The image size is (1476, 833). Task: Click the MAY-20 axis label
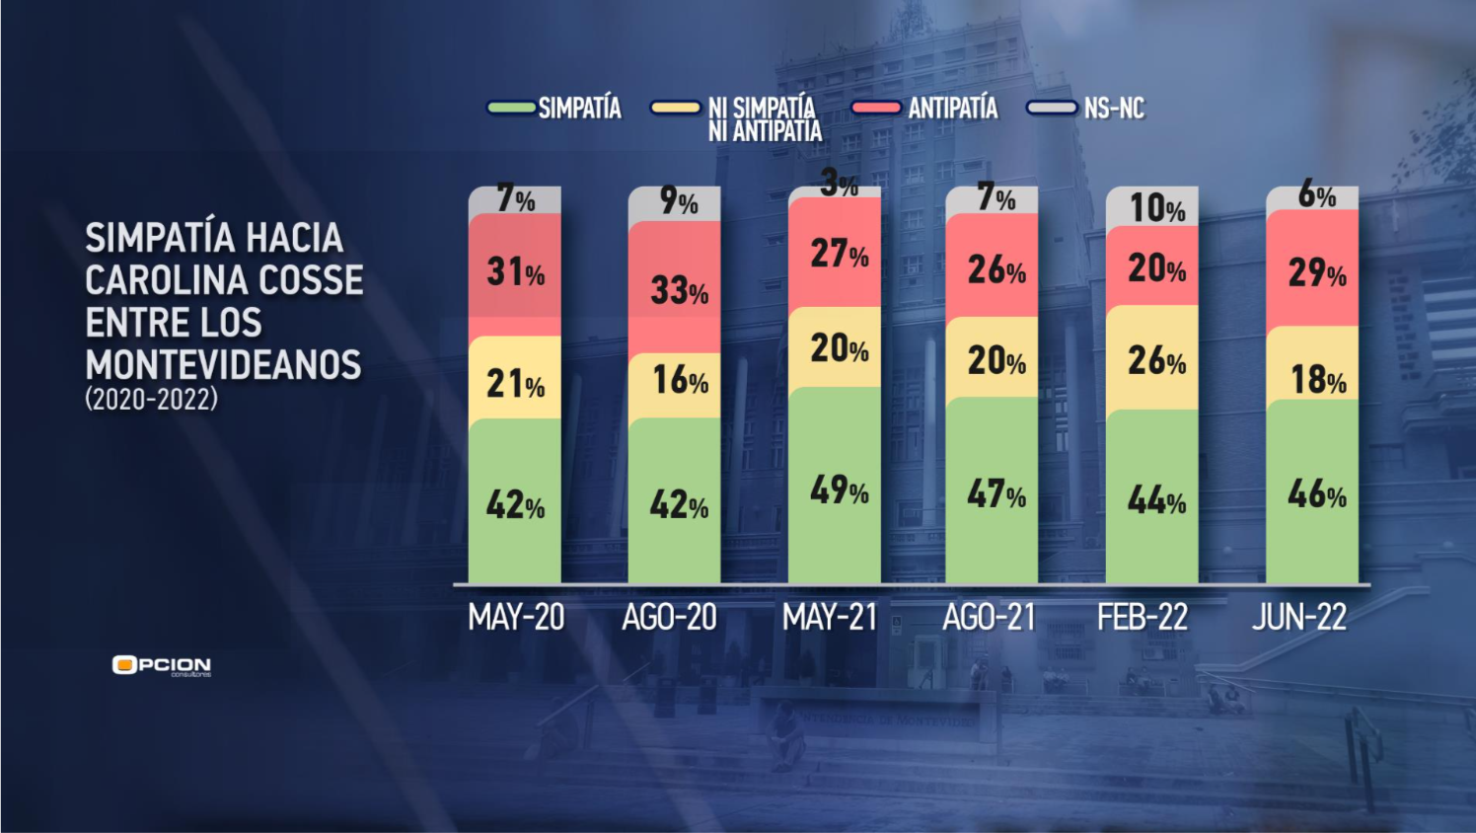click(516, 618)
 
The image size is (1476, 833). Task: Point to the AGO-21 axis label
click(989, 618)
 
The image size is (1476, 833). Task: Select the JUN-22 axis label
click(1299, 618)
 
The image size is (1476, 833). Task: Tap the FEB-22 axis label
click(1143, 618)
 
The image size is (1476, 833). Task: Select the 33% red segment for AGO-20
click(675, 287)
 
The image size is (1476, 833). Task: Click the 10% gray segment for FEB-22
click(1152, 206)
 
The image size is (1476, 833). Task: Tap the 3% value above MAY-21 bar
click(839, 184)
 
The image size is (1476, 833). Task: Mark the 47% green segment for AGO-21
click(993, 491)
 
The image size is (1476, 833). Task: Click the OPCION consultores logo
click(162, 666)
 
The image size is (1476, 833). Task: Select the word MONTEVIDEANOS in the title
click(223, 365)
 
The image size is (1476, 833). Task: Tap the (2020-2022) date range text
click(151, 400)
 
